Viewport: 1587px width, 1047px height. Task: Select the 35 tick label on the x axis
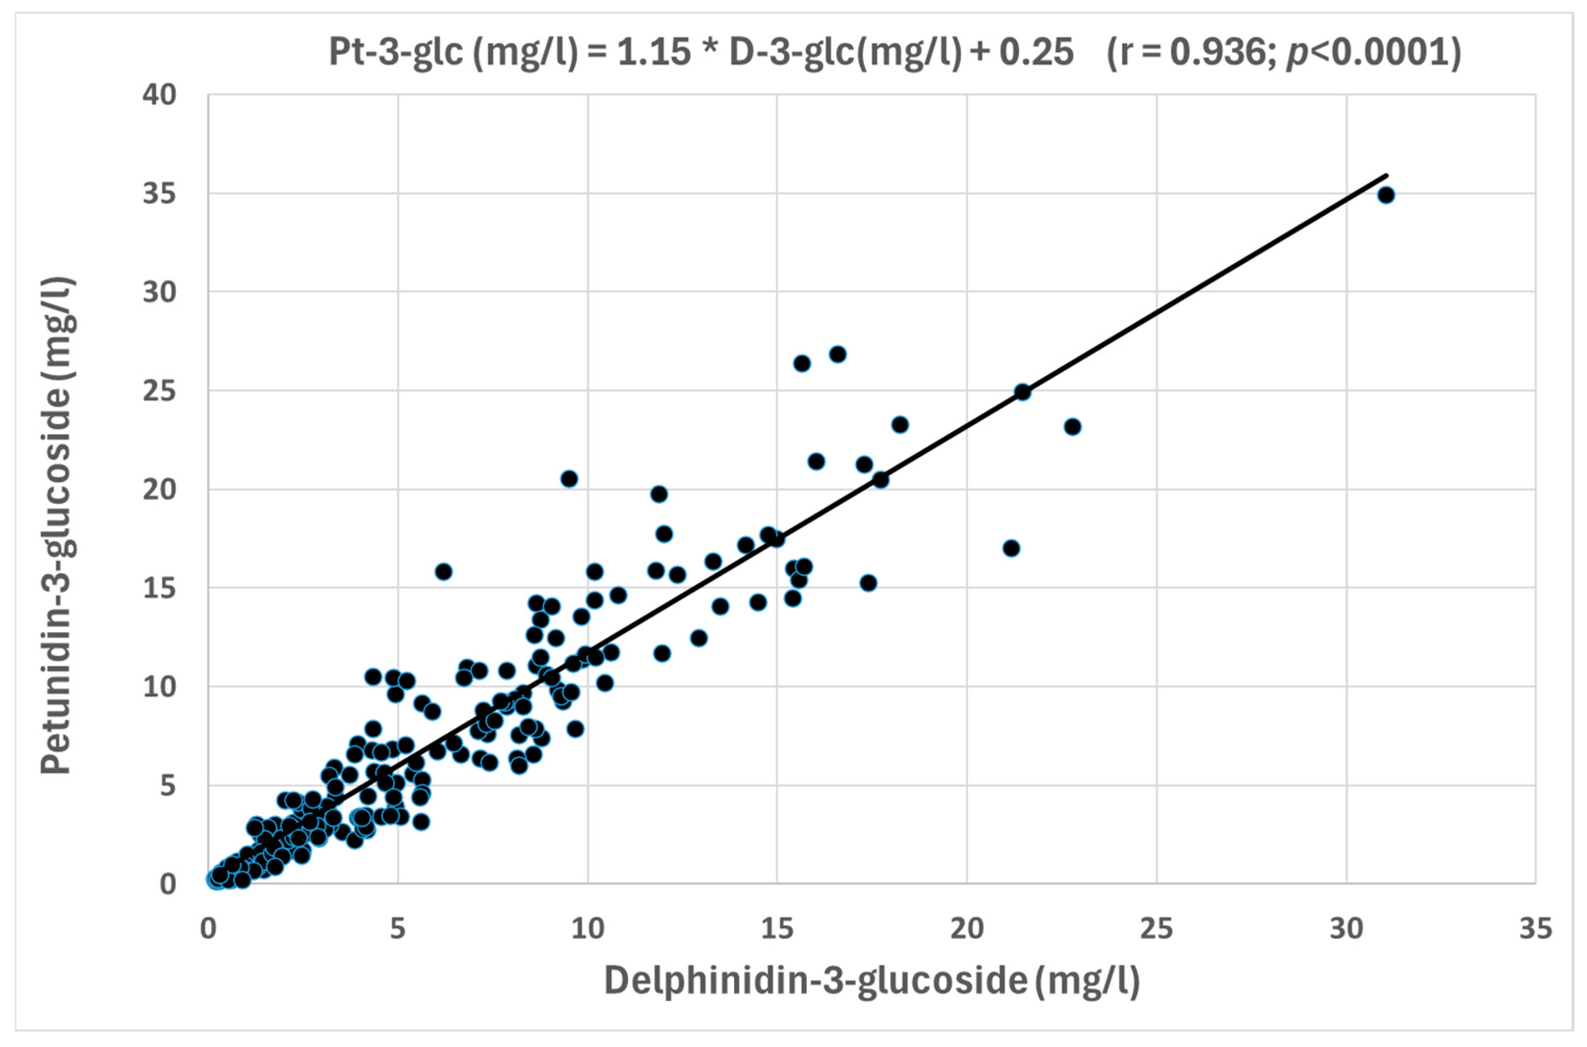pos(1535,929)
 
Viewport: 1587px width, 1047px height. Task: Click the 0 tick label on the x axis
pos(208,929)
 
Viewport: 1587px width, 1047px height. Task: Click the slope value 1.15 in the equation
pos(653,52)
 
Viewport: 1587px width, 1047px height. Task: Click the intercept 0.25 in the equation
pos(1036,52)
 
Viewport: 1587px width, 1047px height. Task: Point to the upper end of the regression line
pos(1387,175)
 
